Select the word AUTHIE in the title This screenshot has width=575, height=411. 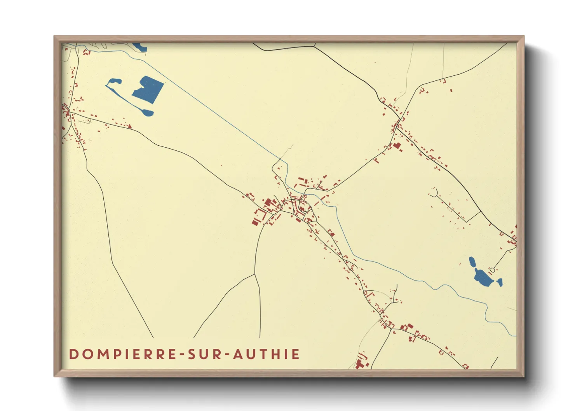click(267, 354)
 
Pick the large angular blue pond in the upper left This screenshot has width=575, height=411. click(148, 89)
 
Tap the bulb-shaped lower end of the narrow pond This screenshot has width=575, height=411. click(148, 113)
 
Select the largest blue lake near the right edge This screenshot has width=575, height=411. click(482, 277)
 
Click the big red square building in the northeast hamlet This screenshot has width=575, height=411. click(397, 146)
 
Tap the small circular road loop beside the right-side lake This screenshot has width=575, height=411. click(492, 270)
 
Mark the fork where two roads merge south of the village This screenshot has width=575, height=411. click(255, 274)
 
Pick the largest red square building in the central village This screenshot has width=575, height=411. click(268, 203)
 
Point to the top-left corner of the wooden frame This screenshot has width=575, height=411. click(55, 37)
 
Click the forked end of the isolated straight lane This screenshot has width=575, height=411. click(434, 192)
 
